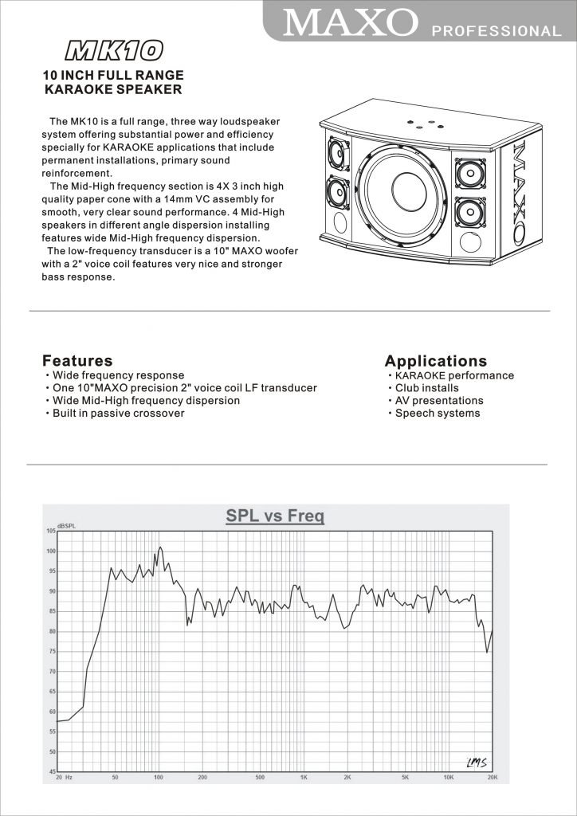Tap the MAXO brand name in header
(351, 22)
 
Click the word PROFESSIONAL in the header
(496, 31)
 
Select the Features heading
(77, 361)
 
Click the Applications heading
(435, 361)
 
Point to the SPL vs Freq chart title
(275, 516)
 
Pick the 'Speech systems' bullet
(438, 414)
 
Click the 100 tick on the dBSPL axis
(50, 551)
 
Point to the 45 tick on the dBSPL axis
(50, 772)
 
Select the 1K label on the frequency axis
(304, 776)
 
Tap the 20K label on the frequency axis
(492, 776)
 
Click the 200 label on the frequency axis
(202, 776)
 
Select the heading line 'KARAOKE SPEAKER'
(112, 90)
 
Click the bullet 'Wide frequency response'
(118, 375)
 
